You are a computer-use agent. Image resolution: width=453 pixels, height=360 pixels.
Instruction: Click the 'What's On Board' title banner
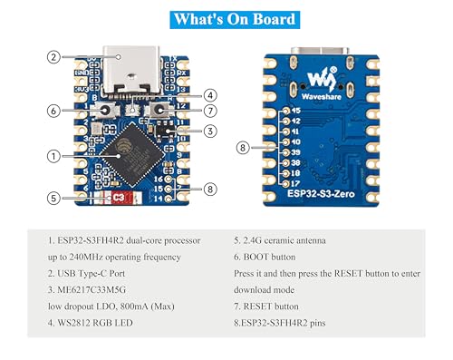coord(227,18)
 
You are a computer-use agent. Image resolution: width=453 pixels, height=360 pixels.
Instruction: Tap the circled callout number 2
coord(53,57)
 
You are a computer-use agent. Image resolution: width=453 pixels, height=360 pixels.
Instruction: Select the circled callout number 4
coord(209,94)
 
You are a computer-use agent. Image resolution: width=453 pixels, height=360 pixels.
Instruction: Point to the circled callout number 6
coord(54,111)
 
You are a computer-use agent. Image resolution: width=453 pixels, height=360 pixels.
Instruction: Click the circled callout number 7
coord(209,112)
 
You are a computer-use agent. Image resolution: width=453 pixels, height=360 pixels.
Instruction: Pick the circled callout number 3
coord(209,131)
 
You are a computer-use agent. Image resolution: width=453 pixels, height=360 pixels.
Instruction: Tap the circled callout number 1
coord(54,157)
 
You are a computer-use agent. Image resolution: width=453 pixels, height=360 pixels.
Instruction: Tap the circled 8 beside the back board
coord(242,147)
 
